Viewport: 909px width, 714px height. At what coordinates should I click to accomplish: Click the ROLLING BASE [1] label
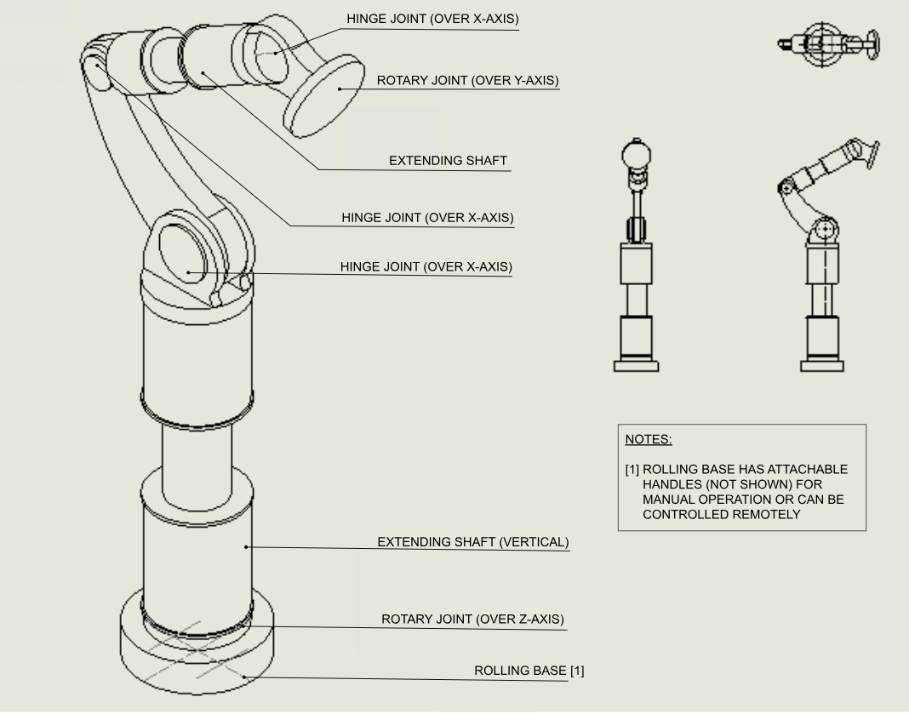point(529,671)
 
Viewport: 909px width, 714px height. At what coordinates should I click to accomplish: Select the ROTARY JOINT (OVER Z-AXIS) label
point(472,619)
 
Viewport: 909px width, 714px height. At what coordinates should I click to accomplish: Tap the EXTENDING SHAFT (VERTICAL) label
point(473,541)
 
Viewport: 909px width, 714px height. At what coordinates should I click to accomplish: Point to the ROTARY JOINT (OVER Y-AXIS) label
point(468,81)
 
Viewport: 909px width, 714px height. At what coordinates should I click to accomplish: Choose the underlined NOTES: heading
point(649,440)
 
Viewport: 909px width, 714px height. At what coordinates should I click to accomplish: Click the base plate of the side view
point(822,367)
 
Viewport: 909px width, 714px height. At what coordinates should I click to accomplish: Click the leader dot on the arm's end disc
point(339,87)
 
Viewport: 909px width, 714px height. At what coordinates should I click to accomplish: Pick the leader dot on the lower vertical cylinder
point(247,546)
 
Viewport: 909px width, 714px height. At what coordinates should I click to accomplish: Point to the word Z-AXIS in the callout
point(536,619)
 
